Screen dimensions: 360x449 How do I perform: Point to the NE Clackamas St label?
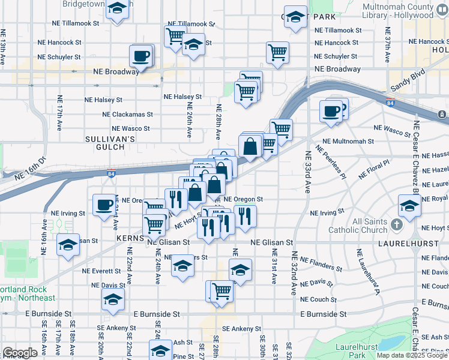point(127,114)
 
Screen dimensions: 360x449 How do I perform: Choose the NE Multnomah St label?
point(348,142)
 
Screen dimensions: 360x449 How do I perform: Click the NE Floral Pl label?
point(373,169)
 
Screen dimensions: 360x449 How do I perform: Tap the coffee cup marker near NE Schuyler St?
point(141,57)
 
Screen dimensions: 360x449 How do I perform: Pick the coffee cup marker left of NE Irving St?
point(104,205)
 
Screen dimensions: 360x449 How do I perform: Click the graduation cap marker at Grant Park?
point(295,18)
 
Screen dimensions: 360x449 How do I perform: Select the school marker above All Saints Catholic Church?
point(410,207)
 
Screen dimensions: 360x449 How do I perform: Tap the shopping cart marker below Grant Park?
point(277,53)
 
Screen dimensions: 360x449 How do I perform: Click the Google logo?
point(20,352)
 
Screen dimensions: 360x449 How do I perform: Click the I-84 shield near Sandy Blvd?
point(390,101)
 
